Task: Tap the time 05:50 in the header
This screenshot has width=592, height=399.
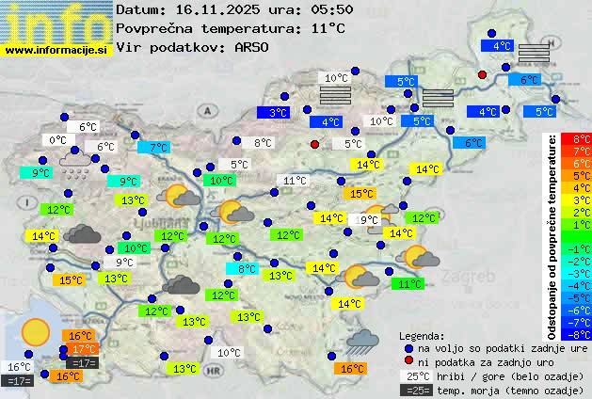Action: coord(333,9)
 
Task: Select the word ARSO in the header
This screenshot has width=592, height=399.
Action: coord(254,47)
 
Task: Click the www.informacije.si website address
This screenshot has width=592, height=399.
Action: coord(56,50)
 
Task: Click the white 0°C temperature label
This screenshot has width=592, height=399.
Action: coord(58,140)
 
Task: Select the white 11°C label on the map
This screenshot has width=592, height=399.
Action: coord(295,181)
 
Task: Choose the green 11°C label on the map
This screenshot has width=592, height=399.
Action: coord(408,283)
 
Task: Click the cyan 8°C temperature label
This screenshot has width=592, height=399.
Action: coord(246,268)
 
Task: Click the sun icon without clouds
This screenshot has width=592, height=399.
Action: coord(36,331)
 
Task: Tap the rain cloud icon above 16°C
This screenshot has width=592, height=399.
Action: coord(362,341)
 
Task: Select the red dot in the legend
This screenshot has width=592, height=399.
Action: coord(408,361)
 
